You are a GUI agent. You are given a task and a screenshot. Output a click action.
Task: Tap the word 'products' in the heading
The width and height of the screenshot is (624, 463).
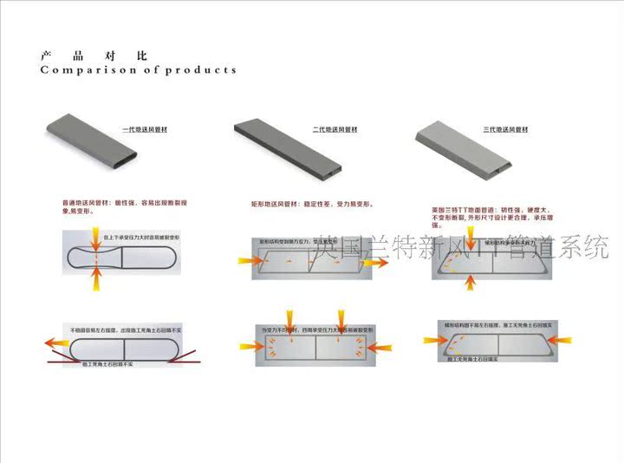click(200, 70)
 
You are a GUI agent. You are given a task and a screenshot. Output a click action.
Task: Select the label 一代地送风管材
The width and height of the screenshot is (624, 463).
click(140, 129)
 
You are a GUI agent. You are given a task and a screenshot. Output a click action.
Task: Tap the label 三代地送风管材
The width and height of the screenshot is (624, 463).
click(504, 129)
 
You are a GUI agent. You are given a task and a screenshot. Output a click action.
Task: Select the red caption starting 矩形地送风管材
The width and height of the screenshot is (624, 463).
click(313, 204)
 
